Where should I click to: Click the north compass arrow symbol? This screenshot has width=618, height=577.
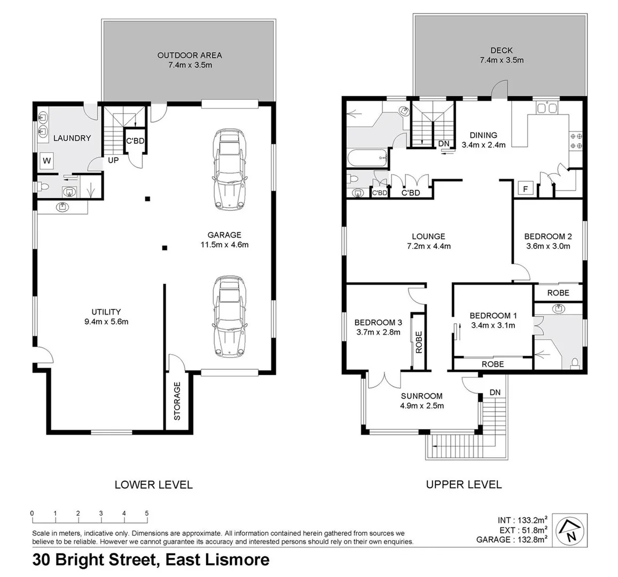(x=571, y=529)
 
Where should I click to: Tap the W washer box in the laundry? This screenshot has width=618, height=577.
(x=46, y=160)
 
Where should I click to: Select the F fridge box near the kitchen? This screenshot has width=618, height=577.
(x=525, y=189)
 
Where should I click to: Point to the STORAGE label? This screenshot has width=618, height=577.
(x=177, y=400)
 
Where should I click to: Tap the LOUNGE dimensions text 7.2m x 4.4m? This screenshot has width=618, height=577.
(x=428, y=246)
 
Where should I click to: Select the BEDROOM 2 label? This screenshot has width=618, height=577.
(x=548, y=236)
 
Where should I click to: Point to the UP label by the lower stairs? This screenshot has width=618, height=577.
(x=114, y=160)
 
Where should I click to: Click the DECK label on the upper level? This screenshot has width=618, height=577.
(x=501, y=50)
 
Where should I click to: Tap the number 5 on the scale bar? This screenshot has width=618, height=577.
(x=147, y=513)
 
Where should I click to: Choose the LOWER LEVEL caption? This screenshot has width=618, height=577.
(x=154, y=485)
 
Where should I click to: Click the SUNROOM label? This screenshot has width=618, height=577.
(x=422, y=396)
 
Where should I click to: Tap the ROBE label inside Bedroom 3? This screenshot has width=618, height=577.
(x=418, y=342)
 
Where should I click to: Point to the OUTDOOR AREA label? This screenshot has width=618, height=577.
(x=190, y=55)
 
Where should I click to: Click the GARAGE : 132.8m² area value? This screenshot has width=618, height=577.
(x=512, y=540)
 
